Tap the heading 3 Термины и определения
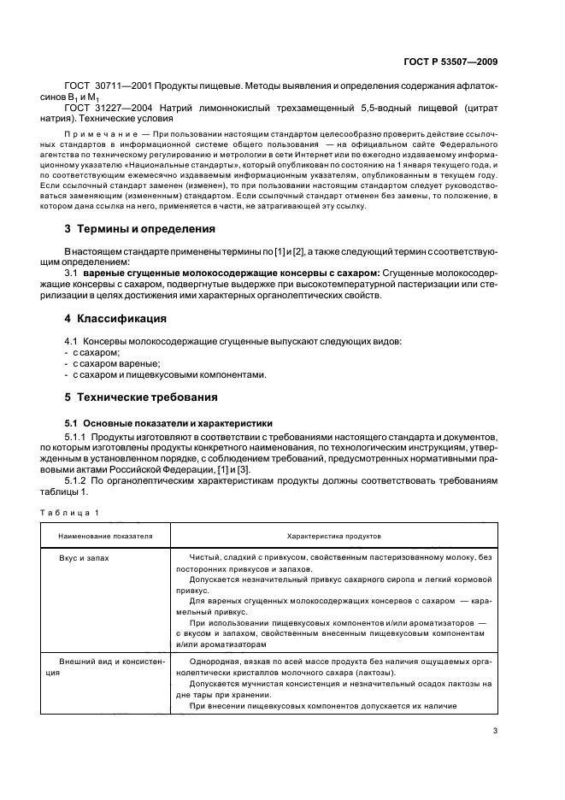(x=140, y=229)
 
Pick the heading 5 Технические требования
(x=141, y=397)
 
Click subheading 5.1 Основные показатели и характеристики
(x=168, y=422)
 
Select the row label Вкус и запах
(x=84, y=556)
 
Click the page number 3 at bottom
(x=495, y=730)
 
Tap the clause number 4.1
(x=73, y=341)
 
